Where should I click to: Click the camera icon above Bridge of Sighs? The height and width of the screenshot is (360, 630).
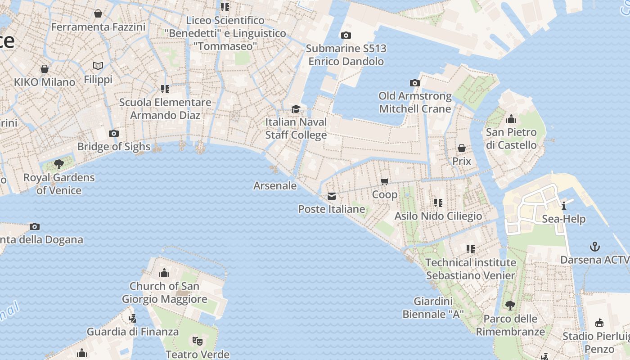tap(114, 133)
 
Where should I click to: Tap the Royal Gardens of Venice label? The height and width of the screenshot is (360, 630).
tap(59, 184)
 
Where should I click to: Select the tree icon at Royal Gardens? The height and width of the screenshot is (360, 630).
tap(59, 164)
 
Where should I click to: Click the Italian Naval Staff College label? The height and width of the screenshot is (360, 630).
tap(296, 128)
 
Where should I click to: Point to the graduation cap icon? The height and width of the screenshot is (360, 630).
tap(296, 109)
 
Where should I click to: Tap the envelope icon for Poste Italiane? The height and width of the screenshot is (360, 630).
tap(332, 196)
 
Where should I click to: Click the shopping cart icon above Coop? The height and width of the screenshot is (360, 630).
tap(385, 181)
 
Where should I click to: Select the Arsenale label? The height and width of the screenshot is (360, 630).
tap(275, 185)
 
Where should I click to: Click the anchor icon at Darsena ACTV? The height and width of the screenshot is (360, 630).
tap(595, 247)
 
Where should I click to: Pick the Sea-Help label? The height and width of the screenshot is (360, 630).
tap(563, 219)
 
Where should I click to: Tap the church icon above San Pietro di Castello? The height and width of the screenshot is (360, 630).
tap(511, 119)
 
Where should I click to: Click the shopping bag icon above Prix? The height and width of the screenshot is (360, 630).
tap(461, 148)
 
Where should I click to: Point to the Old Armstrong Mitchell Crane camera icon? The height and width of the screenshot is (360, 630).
tap(414, 83)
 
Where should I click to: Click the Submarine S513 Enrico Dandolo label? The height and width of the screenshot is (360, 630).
tap(346, 54)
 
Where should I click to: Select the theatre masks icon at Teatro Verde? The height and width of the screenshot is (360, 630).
tap(197, 341)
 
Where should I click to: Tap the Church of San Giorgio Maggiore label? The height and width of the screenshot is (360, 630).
tap(164, 292)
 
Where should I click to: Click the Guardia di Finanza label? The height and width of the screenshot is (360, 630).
tap(133, 332)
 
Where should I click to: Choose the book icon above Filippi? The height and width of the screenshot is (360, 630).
tap(98, 66)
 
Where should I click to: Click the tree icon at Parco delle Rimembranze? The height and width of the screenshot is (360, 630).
tap(510, 306)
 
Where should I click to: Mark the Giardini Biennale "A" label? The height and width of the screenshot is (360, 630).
tap(433, 307)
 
